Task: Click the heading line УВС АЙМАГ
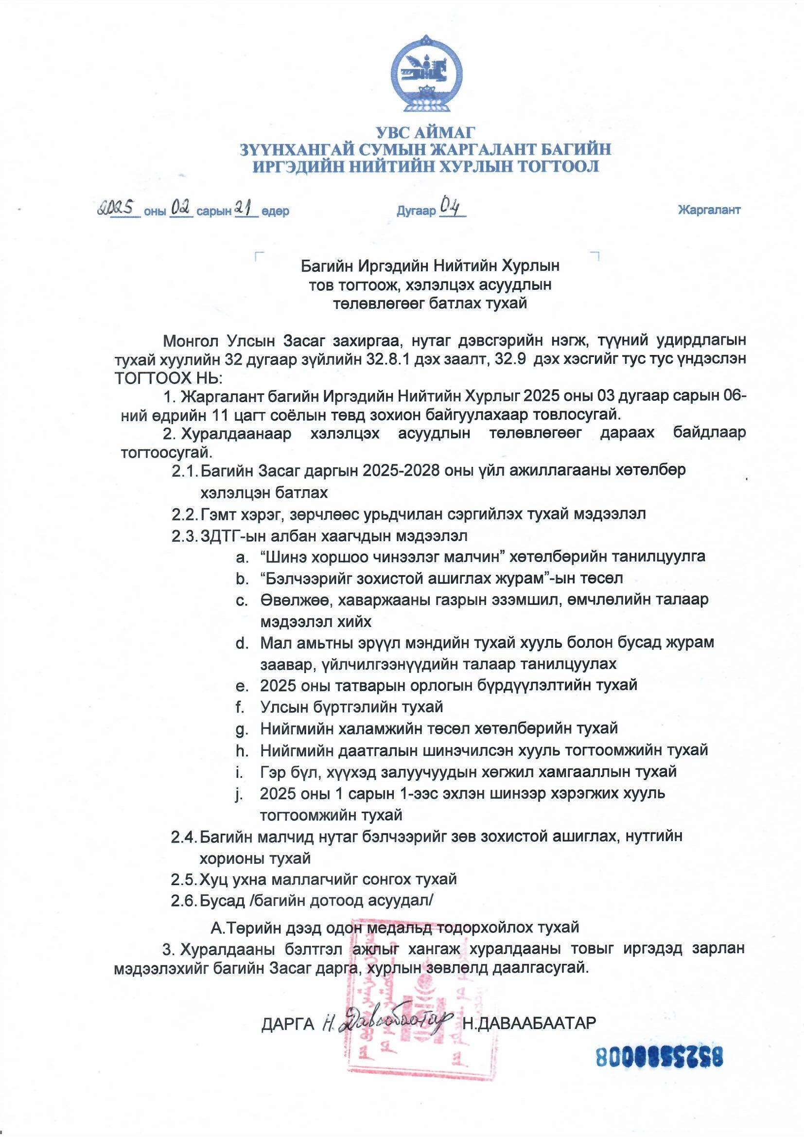(425, 133)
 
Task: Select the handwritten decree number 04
(452, 208)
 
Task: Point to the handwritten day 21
(246, 209)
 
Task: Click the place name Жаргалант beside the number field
(709, 210)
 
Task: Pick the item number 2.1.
(184, 471)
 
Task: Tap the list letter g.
(242, 729)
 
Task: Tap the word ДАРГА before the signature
(288, 1024)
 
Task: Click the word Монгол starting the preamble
(190, 341)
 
